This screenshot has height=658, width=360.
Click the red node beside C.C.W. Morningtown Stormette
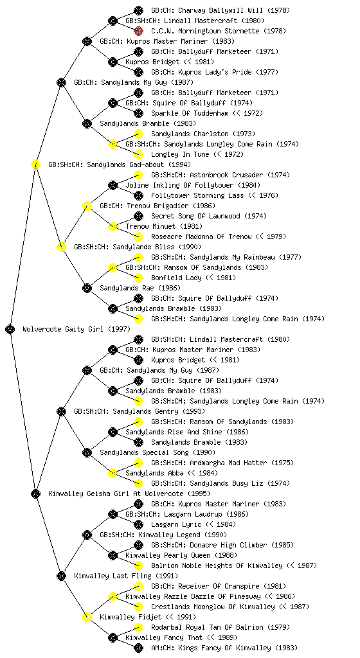point(138,31)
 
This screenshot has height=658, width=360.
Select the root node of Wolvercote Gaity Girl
point(10,329)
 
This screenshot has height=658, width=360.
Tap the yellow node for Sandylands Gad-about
point(35,164)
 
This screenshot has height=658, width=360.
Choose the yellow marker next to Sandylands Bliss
point(61,247)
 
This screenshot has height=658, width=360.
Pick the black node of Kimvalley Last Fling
point(61,576)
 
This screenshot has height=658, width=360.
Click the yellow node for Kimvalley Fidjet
point(87,617)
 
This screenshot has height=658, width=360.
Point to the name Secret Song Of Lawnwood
point(196,216)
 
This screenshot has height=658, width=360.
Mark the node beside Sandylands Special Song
point(87,452)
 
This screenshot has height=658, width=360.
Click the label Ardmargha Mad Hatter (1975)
point(242,463)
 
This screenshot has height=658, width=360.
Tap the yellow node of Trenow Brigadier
point(87,206)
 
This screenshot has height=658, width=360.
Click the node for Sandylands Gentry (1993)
point(61,411)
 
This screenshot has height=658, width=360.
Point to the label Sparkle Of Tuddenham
point(190,113)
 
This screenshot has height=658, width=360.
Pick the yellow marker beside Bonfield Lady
point(138,278)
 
